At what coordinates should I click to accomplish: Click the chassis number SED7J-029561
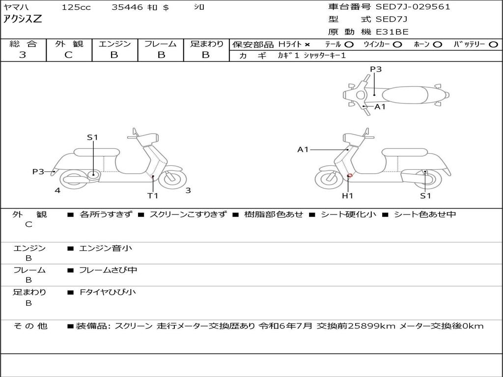click(x=413, y=7)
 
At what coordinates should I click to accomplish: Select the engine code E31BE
click(x=392, y=32)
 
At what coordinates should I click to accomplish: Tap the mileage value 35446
click(x=127, y=7)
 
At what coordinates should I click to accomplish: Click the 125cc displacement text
click(x=76, y=7)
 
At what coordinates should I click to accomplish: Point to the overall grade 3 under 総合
click(x=23, y=54)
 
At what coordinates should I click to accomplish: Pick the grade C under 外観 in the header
click(x=68, y=54)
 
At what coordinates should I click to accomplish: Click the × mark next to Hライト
click(x=307, y=45)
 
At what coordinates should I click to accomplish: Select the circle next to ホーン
click(x=437, y=45)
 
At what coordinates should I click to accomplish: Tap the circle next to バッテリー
click(x=493, y=45)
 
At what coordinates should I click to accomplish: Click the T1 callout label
click(x=153, y=195)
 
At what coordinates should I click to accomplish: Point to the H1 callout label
click(x=347, y=195)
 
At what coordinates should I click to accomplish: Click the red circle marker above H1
click(x=350, y=175)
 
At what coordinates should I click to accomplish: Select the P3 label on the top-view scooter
click(x=376, y=69)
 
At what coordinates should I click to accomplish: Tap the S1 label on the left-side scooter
click(x=92, y=137)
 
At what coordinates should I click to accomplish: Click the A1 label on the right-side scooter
click(x=303, y=149)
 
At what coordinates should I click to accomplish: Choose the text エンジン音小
click(x=106, y=248)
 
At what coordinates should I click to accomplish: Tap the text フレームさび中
click(x=108, y=270)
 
